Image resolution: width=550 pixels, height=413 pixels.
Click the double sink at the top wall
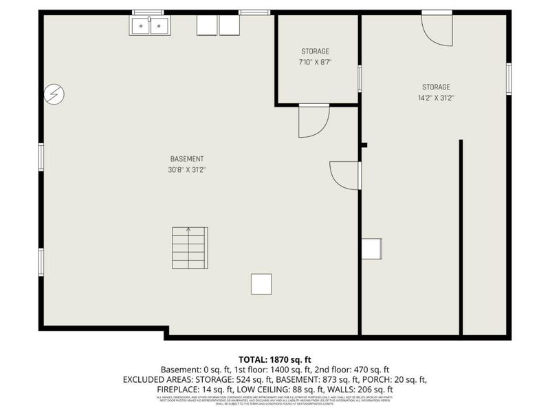[150, 25]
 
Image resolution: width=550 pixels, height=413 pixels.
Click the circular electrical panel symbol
[54, 94]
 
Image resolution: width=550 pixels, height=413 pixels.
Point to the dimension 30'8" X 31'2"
[187, 169]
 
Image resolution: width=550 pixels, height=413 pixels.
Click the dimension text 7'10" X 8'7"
[316, 62]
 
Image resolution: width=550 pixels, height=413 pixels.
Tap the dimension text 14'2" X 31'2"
[436, 98]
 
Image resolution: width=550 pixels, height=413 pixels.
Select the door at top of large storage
[437, 29]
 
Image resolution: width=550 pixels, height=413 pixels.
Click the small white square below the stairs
[261, 284]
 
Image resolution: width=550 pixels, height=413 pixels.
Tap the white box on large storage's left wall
[371, 248]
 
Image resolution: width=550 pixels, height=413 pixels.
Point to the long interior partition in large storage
[461, 237]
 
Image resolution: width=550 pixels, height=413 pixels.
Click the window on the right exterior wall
[509, 77]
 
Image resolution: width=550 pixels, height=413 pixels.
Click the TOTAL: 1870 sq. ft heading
[275, 359]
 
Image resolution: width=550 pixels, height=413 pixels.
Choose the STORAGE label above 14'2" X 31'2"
[436, 87]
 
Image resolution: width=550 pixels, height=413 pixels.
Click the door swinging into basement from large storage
[346, 175]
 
